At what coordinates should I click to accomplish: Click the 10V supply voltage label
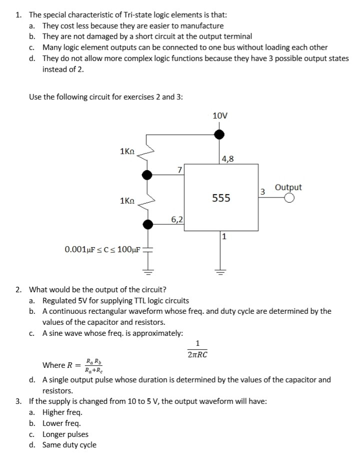point(220,116)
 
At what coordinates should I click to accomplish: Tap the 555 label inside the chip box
point(220,198)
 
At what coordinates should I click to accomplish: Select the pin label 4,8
point(227,160)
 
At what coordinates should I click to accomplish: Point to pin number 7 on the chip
point(179,171)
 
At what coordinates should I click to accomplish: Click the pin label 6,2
point(177,219)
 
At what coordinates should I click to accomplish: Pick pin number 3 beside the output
point(262,191)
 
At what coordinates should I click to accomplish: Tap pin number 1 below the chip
point(224,236)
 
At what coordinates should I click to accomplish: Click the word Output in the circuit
point(288,187)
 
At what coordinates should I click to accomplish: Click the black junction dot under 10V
point(219,134)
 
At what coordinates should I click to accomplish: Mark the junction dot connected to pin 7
point(147,175)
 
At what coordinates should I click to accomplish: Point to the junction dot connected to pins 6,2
point(147,224)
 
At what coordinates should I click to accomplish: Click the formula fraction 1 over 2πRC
point(197,349)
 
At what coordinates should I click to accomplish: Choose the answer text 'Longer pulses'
point(65,434)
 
